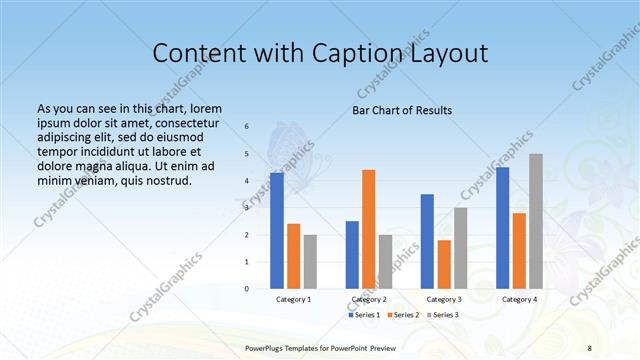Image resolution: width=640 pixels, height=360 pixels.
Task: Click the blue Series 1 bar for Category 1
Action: click(x=277, y=231)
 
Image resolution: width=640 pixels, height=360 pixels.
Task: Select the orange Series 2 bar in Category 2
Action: click(x=369, y=229)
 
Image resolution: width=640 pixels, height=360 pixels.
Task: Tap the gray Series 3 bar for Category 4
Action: click(x=536, y=221)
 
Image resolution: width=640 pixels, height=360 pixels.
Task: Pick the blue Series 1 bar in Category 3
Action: click(x=427, y=241)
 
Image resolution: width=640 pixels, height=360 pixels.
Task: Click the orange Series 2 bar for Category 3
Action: click(x=444, y=264)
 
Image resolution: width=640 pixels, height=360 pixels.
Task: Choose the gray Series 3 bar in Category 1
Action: click(x=310, y=262)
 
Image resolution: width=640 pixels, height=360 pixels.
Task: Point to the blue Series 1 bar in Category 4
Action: click(x=502, y=228)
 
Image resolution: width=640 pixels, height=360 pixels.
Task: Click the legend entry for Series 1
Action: click(x=364, y=315)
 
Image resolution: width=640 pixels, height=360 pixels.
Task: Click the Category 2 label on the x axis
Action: click(x=369, y=299)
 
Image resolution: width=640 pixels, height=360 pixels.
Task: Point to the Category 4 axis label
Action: click(x=519, y=299)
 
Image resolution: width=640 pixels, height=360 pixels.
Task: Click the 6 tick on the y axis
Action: click(x=247, y=127)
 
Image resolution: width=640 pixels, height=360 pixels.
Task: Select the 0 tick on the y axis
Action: click(x=247, y=289)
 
